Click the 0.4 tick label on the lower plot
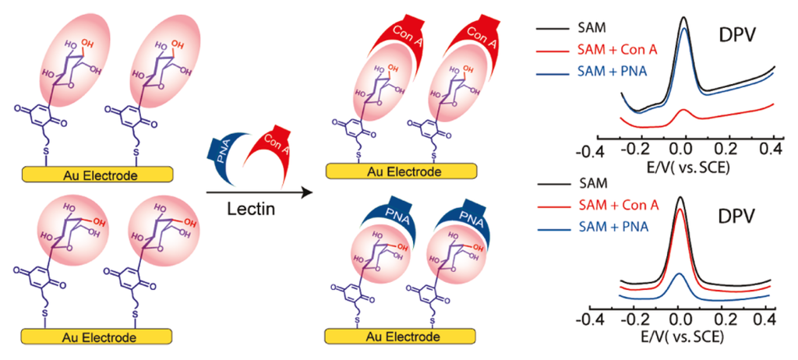[x=766, y=320]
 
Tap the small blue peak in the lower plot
[x=680, y=275]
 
